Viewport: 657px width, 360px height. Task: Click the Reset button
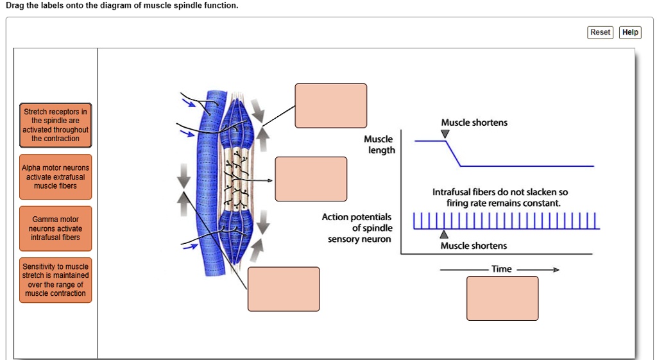pos(600,32)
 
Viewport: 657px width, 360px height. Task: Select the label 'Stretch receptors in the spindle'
pos(55,125)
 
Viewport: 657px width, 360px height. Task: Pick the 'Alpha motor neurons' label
pos(55,176)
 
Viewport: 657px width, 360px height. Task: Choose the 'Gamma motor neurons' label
pos(55,228)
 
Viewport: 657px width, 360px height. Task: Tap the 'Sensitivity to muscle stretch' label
pos(55,280)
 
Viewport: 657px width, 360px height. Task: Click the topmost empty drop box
pos(330,105)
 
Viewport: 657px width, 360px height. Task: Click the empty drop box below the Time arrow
pos(502,298)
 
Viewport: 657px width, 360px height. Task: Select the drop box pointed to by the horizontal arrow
pos(311,179)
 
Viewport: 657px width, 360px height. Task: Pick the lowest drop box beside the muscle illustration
pos(284,289)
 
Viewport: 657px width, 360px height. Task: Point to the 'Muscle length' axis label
pos(379,144)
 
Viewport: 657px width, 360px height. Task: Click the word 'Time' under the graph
pos(501,269)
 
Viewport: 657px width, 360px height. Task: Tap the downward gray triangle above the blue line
pos(445,133)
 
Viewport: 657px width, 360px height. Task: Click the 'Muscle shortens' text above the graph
pos(474,123)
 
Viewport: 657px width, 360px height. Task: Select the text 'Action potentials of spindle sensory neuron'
pos(357,228)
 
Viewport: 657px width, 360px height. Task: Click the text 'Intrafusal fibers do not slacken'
pos(499,193)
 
